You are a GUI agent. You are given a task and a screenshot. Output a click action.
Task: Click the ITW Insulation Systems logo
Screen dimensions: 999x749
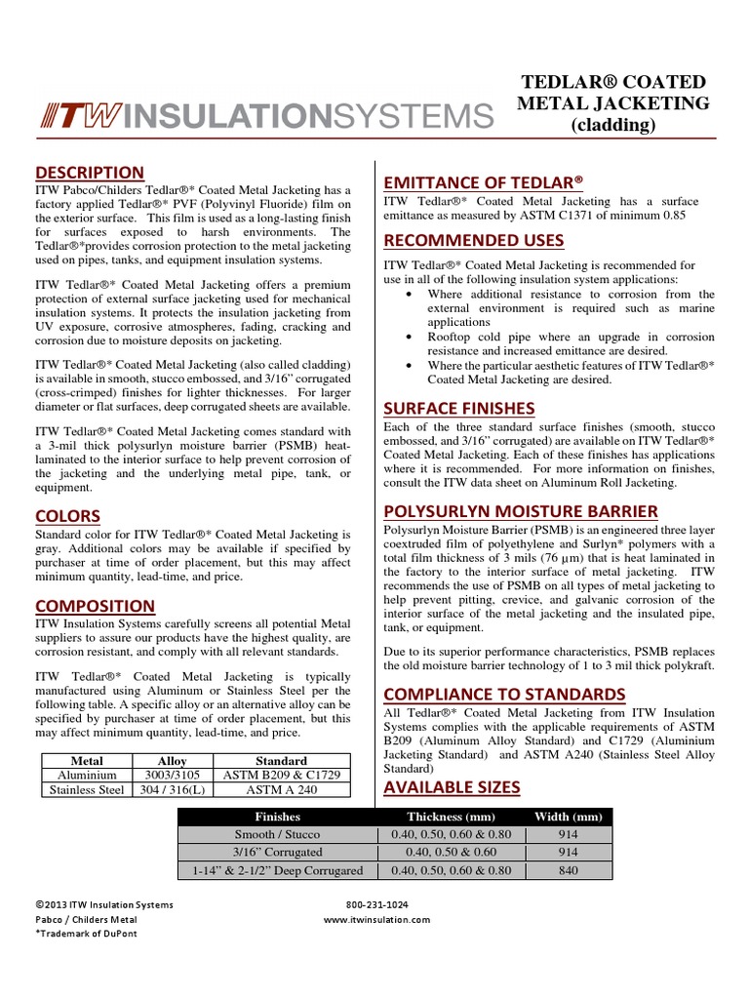coord(264,116)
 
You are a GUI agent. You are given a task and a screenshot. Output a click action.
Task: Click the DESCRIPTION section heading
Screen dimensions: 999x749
coord(90,173)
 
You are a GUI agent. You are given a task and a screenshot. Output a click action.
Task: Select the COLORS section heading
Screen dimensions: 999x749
coord(68,515)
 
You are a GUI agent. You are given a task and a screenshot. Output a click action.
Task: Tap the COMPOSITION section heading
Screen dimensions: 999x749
coord(96,606)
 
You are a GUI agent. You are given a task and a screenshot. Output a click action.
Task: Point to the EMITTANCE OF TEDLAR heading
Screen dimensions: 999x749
coord(483,182)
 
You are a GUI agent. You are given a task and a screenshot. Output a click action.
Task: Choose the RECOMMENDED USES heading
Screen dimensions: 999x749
coord(474,240)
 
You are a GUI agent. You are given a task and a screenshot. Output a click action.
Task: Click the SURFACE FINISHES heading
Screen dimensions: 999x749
coord(459,408)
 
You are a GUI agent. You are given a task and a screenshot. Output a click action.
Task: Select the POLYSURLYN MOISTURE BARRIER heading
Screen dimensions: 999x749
coord(521,511)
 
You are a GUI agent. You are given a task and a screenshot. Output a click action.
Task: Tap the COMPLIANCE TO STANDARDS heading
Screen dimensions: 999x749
coord(504,694)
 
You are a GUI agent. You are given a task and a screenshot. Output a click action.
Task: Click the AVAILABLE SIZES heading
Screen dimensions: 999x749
coord(453,787)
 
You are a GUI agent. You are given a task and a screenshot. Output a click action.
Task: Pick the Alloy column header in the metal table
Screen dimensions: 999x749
coord(172,761)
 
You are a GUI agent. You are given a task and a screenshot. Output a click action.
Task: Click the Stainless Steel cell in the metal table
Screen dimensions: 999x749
coord(87,789)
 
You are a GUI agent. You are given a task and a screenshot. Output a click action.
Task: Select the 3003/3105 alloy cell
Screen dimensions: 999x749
coord(172,775)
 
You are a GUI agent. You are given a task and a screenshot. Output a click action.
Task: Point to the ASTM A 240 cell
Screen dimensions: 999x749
coord(281,789)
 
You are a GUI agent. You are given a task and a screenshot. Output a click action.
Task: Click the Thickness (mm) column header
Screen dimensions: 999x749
coord(451,817)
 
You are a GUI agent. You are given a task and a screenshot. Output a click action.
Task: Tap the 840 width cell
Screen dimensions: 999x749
coord(569,870)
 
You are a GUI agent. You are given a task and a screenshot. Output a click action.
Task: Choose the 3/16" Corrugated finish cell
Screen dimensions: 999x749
coord(277,852)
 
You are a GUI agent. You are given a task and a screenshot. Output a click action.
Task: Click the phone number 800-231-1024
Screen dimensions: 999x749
coord(377,904)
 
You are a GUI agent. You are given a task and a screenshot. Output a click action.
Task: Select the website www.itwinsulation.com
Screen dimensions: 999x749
coord(376,919)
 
